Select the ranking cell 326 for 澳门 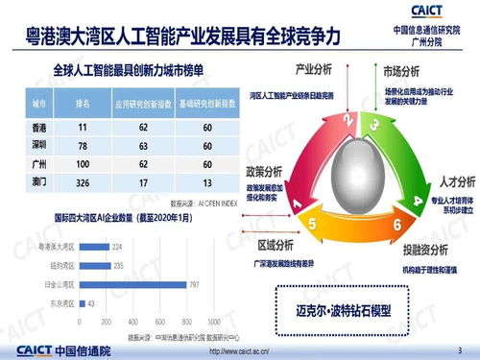tap(84, 181)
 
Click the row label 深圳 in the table tap(40, 145)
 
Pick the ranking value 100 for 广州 tap(84, 163)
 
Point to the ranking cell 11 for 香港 tap(84, 127)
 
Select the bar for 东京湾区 tap(82, 303)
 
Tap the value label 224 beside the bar tap(117, 246)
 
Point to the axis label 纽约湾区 tap(62, 265)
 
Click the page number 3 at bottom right tap(459, 347)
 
